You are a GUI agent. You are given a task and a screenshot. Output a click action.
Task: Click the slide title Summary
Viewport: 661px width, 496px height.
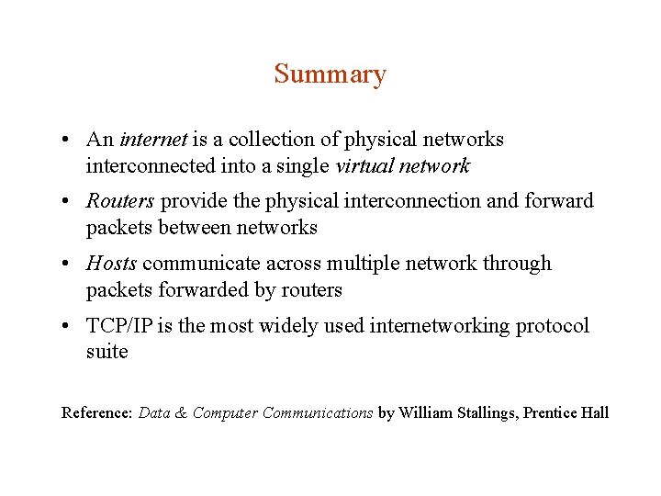click(x=330, y=74)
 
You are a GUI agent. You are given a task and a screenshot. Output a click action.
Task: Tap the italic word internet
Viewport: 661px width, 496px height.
click(x=153, y=140)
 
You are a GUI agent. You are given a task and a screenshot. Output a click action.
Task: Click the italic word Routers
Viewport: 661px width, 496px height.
click(x=120, y=201)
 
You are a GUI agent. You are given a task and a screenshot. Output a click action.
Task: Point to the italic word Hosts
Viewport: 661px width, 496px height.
click(x=111, y=264)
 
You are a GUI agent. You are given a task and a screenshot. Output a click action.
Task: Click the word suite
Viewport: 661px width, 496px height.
click(x=106, y=353)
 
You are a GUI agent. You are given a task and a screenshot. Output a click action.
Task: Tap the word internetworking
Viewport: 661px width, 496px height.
click(x=437, y=326)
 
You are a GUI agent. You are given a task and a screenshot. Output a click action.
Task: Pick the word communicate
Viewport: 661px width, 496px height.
click(x=202, y=264)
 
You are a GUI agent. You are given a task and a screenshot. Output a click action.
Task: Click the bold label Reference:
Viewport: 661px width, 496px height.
click(x=96, y=413)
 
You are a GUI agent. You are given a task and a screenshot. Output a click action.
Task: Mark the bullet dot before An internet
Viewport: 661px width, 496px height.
click(x=68, y=141)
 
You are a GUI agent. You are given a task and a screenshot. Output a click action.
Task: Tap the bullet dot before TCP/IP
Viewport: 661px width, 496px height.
click(x=68, y=327)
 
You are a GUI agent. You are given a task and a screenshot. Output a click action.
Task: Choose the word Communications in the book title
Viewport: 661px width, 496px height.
click(x=318, y=413)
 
